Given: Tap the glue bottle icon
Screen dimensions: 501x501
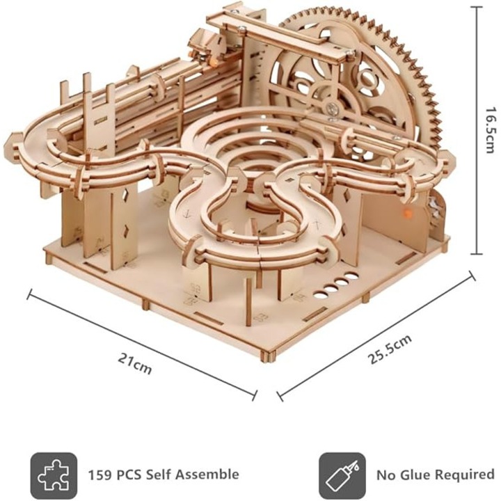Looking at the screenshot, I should coord(342,475).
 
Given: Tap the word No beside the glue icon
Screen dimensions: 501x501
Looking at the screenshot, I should coord(387,475).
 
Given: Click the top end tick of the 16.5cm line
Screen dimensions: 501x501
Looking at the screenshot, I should coord(475,6).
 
